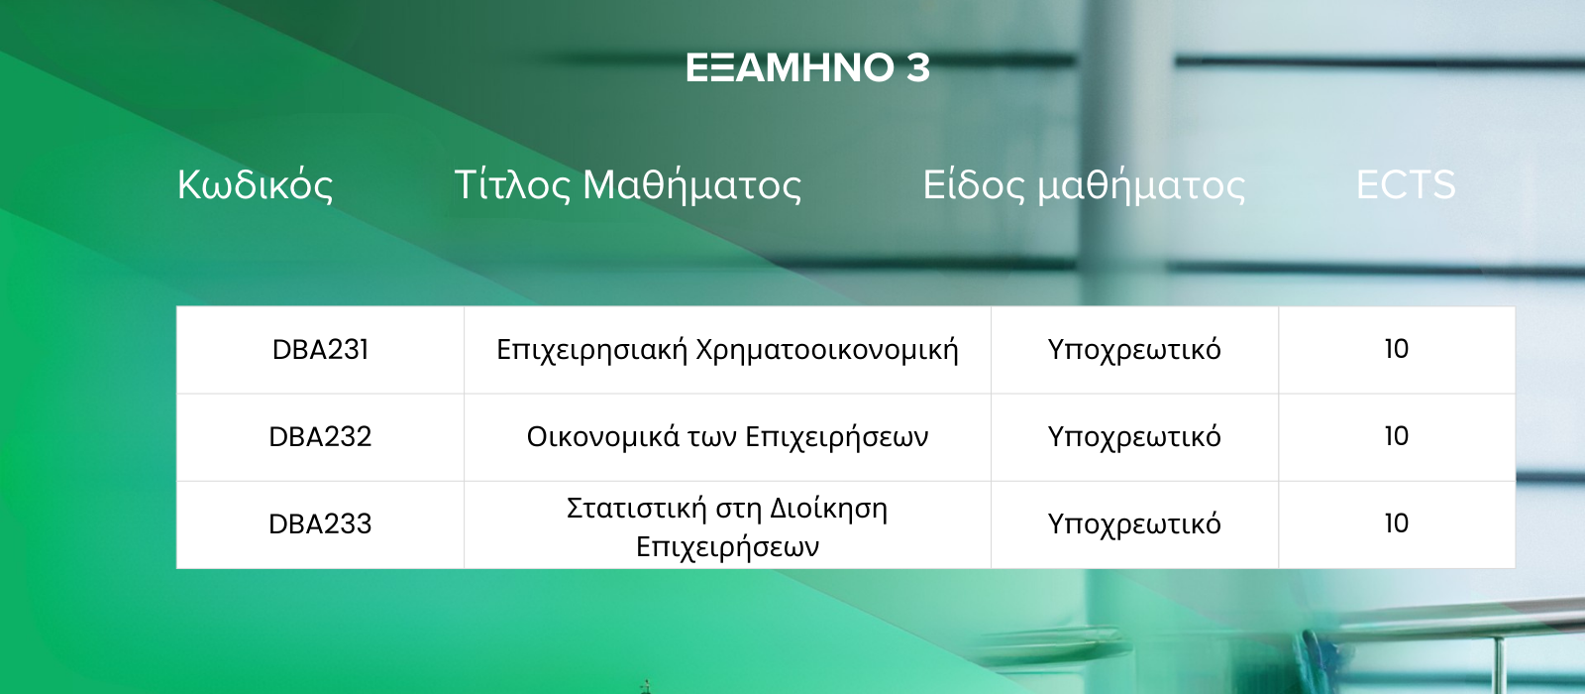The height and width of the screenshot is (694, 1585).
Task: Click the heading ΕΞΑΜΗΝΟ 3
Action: pyautogui.click(x=807, y=68)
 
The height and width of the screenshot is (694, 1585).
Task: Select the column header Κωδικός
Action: pyautogui.click(x=255, y=184)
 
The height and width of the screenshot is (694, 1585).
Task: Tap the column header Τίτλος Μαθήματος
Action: pyautogui.click(x=628, y=185)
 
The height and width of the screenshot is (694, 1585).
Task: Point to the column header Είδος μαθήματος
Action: pyautogui.click(x=1084, y=185)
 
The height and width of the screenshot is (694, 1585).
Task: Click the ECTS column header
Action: pyautogui.click(x=1406, y=184)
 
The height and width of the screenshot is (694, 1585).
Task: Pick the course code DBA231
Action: pyautogui.click(x=321, y=350)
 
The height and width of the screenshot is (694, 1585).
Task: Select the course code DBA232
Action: pyautogui.click(x=321, y=437)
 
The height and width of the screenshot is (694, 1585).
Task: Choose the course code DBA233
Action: pyautogui.click(x=321, y=524)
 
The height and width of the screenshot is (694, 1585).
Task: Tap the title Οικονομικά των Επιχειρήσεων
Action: pyautogui.click(x=727, y=437)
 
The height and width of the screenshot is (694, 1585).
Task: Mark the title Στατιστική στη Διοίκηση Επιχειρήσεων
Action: pyautogui.click(x=727, y=527)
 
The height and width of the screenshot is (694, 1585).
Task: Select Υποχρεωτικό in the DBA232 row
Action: pyautogui.click(x=1134, y=437)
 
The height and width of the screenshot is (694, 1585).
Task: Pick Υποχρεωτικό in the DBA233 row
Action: pyautogui.click(x=1134, y=524)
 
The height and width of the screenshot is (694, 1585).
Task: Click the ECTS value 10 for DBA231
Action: pyautogui.click(x=1397, y=349)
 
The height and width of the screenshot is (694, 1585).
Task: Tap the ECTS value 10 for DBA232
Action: pyautogui.click(x=1397, y=436)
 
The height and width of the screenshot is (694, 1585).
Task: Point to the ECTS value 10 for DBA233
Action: pyautogui.click(x=1397, y=523)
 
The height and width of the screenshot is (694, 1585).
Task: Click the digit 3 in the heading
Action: pyautogui.click(x=917, y=68)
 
